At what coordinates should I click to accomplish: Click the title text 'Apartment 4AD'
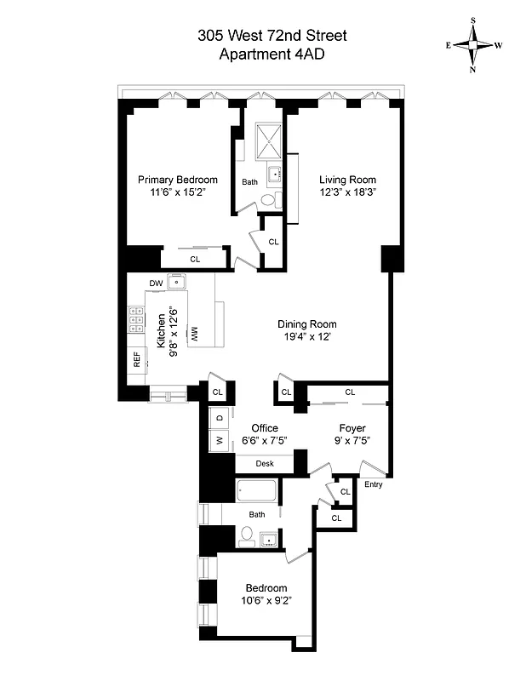point(272,54)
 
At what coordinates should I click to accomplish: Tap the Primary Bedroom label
point(178,180)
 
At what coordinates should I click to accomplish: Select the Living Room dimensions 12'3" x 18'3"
point(347,193)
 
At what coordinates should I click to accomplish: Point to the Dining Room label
point(307,324)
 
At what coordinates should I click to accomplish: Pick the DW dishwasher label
point(156,283)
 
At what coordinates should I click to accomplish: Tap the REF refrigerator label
point(136,361)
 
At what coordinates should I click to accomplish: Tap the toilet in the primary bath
point(268,201)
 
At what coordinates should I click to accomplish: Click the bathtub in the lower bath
point(257,491)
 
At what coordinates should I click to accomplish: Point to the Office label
point(264,428)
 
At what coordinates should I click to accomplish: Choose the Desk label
point(265,464)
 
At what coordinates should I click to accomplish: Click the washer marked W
point(219,441)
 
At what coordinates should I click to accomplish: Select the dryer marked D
point(219,417)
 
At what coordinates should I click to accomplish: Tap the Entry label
point(373,485)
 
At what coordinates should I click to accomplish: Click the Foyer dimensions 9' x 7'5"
point(352,441)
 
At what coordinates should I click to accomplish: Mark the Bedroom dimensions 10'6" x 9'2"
point(266,602)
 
